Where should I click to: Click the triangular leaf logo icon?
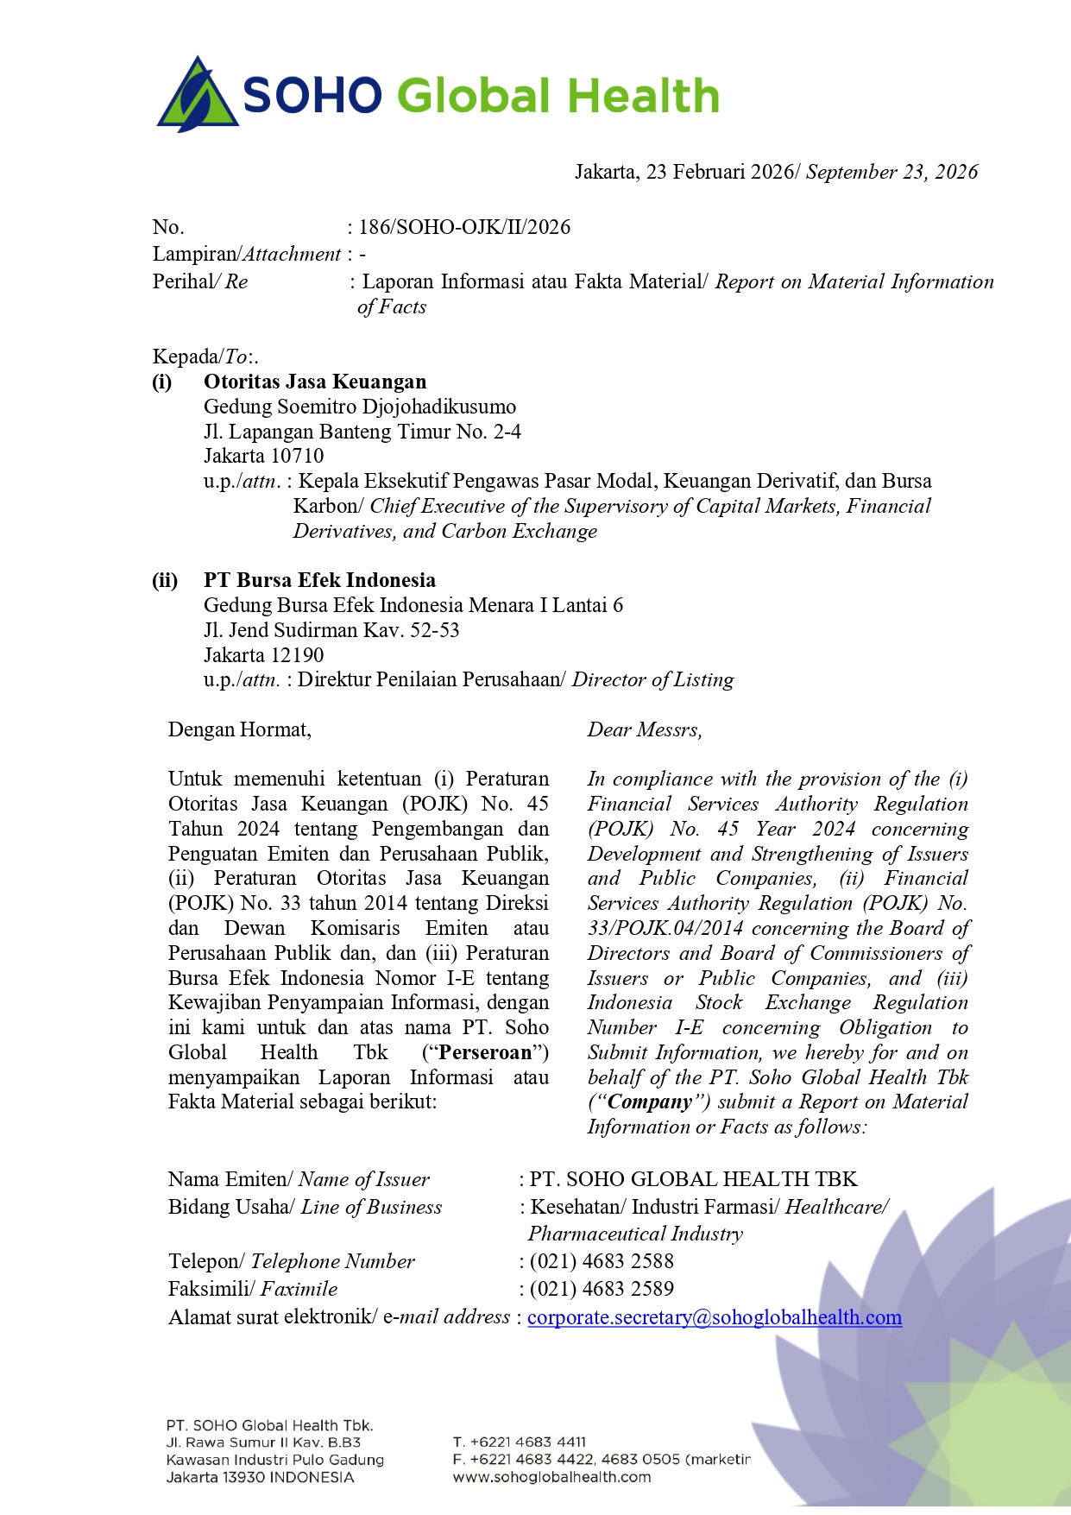(x=198, y=95)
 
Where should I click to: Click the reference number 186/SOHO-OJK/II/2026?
(x=464, y=227)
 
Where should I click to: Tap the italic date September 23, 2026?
(x=891, y=172)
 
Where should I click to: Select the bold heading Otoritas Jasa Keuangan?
(x=315, y=382)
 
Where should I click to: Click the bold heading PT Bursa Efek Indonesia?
(x=319, y=580)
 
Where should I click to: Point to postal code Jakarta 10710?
(x=264, y=456)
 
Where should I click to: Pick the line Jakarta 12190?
(x=264, y=655)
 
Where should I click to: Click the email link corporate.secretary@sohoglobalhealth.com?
(x=715, y=1317)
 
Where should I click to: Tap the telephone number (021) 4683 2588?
(x=602, y=1261)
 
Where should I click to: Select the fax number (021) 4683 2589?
(x=602, y=1289)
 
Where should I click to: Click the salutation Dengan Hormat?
(x=240, y=730)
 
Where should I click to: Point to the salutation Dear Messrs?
(x=645, y=730)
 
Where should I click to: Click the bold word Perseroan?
(x=486, y=1052)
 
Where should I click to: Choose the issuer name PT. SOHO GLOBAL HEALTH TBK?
(x=694, y=1179)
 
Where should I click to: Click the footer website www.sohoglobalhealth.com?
(x=552, y=1477)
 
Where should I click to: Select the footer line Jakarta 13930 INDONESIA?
(x=261, y=1477)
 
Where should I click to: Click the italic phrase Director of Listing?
(x=653, y=680)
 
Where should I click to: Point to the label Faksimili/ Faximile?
(x=253, y=1289)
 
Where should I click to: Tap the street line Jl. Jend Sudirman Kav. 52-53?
(x=331, y=630)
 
